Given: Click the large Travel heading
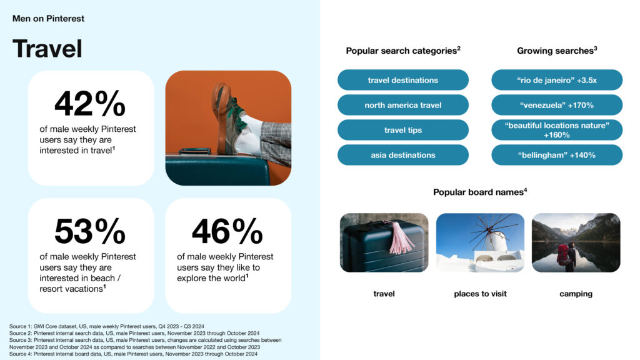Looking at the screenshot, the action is (47, 49).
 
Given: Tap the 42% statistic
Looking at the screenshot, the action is (90, 104).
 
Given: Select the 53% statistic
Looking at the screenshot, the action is (90, 231).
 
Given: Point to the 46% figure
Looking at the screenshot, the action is (227, 231).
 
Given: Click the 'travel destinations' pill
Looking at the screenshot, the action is (403, 80).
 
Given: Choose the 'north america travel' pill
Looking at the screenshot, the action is (403, 105).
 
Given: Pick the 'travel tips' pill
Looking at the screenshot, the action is (403, 130).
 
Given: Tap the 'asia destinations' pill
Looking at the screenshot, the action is (403, 155).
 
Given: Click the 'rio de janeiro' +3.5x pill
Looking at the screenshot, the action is (557, 80).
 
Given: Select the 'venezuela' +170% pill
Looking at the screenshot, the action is (557, 105).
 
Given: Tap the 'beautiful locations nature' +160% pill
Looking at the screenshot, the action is (557, 130).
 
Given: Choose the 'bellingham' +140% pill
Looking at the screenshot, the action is (557, 155).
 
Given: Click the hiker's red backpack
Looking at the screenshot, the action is (563, 254).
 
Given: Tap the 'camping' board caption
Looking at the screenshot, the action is (576, 294).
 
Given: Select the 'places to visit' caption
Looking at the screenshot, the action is (480, 294).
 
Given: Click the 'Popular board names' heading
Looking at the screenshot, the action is (480, 192).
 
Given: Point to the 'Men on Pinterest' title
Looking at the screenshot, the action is (48, 18).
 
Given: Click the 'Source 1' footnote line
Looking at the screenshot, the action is (106, 326).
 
